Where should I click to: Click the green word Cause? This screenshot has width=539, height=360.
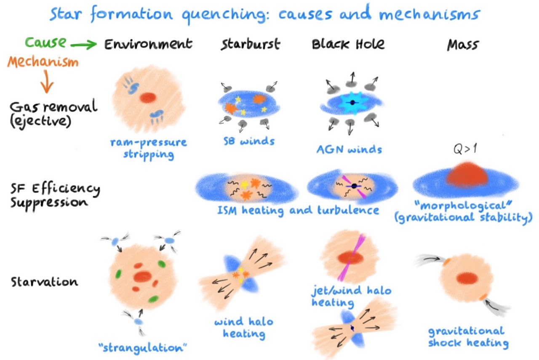click(45, 42)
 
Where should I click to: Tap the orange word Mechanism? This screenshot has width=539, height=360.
click(43, 63)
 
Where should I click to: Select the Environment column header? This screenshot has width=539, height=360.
click(148, 44)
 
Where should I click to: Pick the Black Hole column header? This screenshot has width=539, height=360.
click(348, 44)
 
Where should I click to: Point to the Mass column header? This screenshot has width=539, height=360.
click(463, 44)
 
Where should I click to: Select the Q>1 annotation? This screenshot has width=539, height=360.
click(463, 150)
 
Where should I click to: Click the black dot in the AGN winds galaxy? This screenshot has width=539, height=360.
click(350, 102)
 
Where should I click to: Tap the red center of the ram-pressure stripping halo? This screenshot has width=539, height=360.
click(147, 98)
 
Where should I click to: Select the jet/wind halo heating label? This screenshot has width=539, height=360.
click(351, 296)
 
